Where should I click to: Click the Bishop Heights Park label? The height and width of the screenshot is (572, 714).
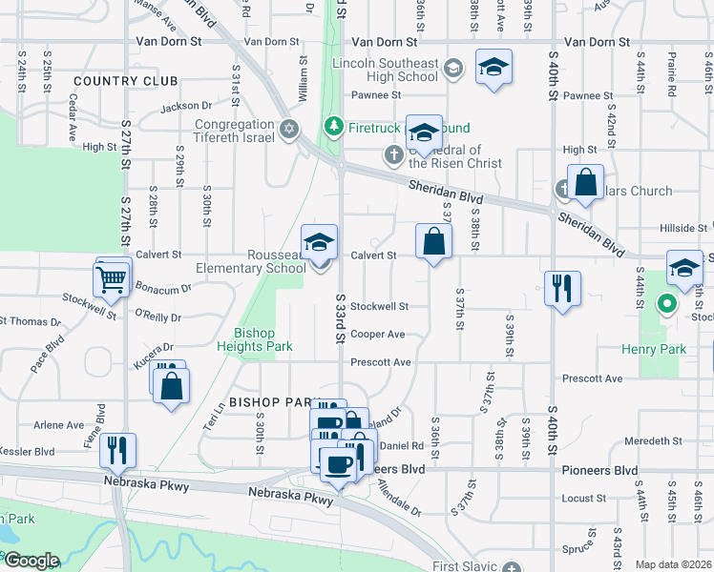[x=254, y=339]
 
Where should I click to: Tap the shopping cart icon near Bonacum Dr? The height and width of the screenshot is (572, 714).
[x=111, y=280]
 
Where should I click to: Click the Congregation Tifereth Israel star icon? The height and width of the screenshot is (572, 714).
[x=289, y=129]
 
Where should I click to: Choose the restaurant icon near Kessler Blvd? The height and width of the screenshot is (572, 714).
[x=118, y=449]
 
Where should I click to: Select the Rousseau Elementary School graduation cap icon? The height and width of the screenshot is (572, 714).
[x=320, y=242]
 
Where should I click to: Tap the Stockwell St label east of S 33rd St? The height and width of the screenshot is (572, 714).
[x=379, y=307]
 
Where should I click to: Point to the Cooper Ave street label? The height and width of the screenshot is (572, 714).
[x=378, y=335]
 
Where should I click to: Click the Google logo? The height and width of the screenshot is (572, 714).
[x=31, y=561]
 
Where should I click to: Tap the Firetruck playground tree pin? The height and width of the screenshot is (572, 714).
[x=333, y=126]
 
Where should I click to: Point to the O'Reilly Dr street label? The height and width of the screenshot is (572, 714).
[x=158, y=316]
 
